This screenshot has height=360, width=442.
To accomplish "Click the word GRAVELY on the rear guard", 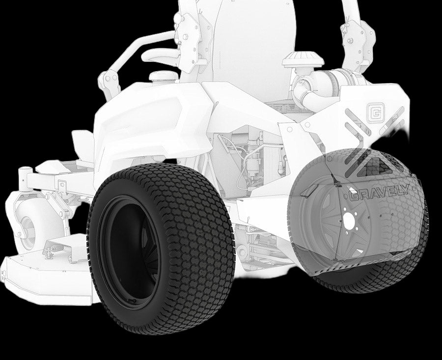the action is click(379, 194).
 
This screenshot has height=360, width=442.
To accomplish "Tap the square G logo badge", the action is click(376, 112).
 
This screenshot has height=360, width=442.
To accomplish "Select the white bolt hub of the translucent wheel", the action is click(349, 220).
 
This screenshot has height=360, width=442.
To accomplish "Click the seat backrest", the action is click(254, 45).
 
